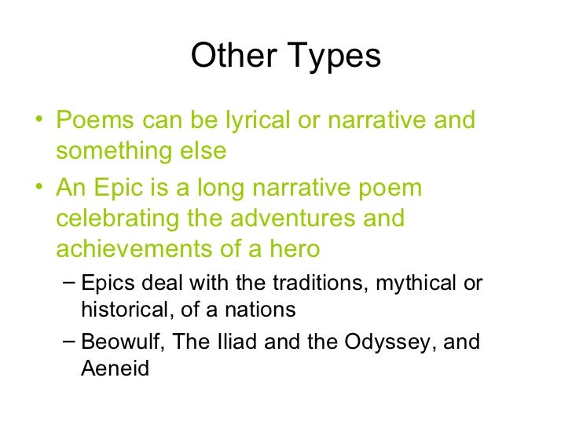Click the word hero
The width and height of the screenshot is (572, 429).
(292, 248)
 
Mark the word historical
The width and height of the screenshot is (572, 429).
(120, 310)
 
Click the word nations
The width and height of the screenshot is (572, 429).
(260, 310)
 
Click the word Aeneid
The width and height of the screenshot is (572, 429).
(115, 368)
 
